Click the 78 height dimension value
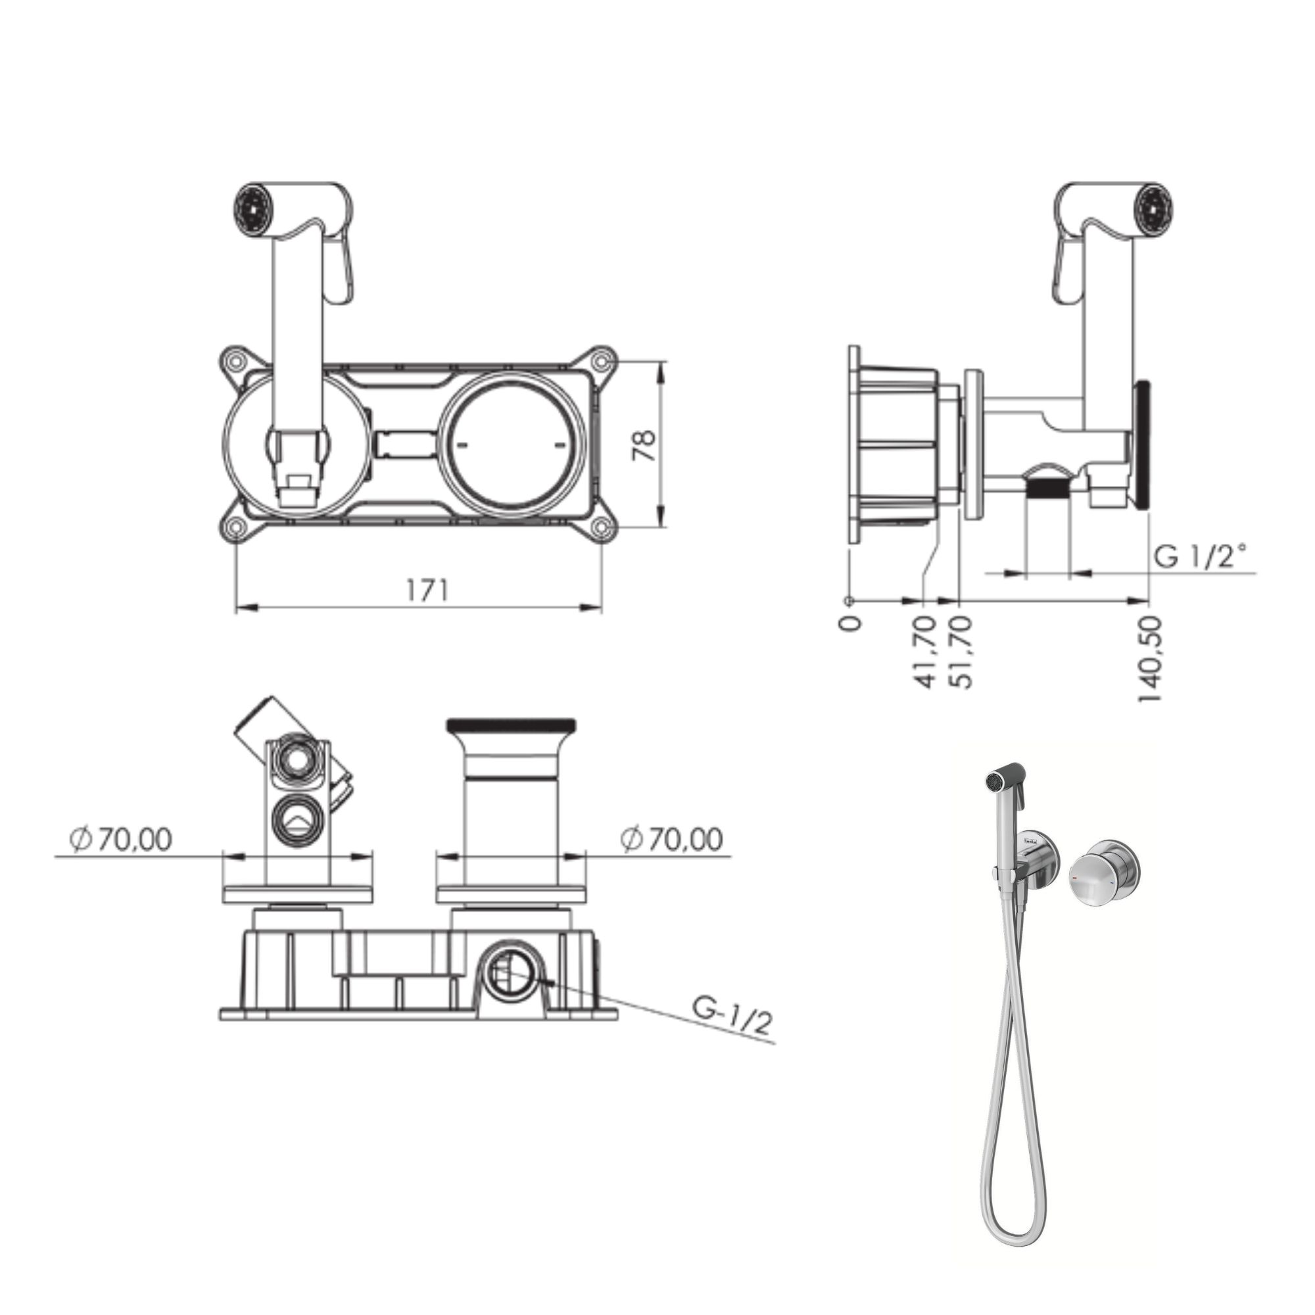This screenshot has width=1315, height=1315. coord(644,445)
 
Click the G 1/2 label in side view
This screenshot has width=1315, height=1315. coord(1201,556)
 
